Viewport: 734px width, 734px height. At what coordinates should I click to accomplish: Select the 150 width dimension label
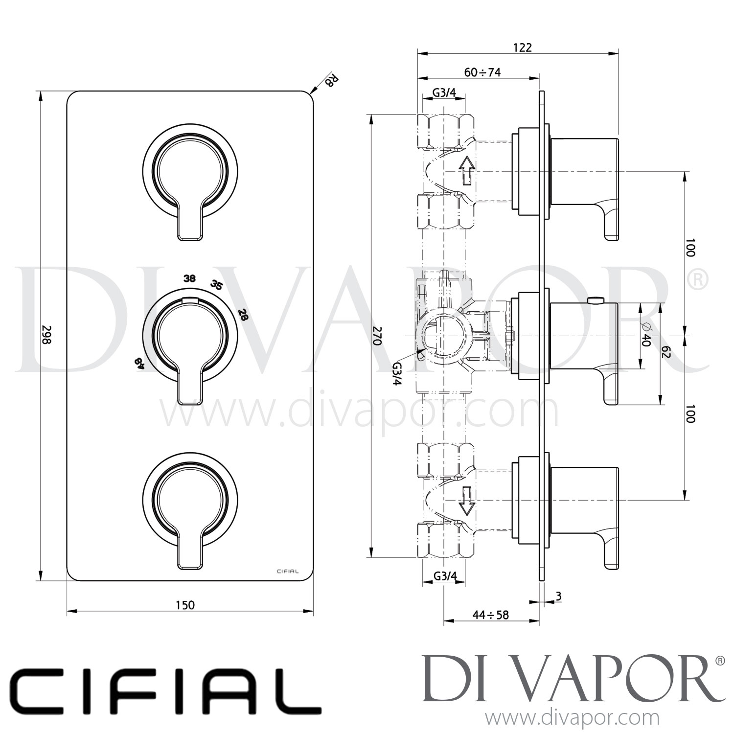(185, 605)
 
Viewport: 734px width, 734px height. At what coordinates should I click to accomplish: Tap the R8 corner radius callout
(331, 80)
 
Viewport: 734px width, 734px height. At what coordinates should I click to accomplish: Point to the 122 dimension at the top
(522, 47)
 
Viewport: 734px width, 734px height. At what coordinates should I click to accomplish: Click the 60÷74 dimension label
(482, 72)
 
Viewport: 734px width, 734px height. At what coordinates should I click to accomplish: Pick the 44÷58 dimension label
(490, 615)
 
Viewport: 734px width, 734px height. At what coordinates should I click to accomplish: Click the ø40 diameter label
(645, 335)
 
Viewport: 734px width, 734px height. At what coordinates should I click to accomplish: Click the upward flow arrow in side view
(466, 170)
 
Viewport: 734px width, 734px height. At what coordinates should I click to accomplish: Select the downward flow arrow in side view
(466, 501)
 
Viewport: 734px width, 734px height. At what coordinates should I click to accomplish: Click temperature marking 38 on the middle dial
(189, 278)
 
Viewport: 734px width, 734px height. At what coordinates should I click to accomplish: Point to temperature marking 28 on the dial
(243, 314)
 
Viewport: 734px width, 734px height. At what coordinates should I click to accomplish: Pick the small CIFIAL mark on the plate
(288, 571)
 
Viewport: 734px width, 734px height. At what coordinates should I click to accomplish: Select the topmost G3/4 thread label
(444, 92)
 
